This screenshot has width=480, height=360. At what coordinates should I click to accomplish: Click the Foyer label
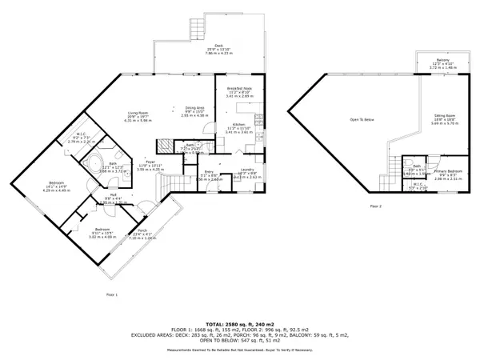(x=150, y=162)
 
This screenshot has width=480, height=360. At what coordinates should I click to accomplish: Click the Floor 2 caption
(x=375, y=206)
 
